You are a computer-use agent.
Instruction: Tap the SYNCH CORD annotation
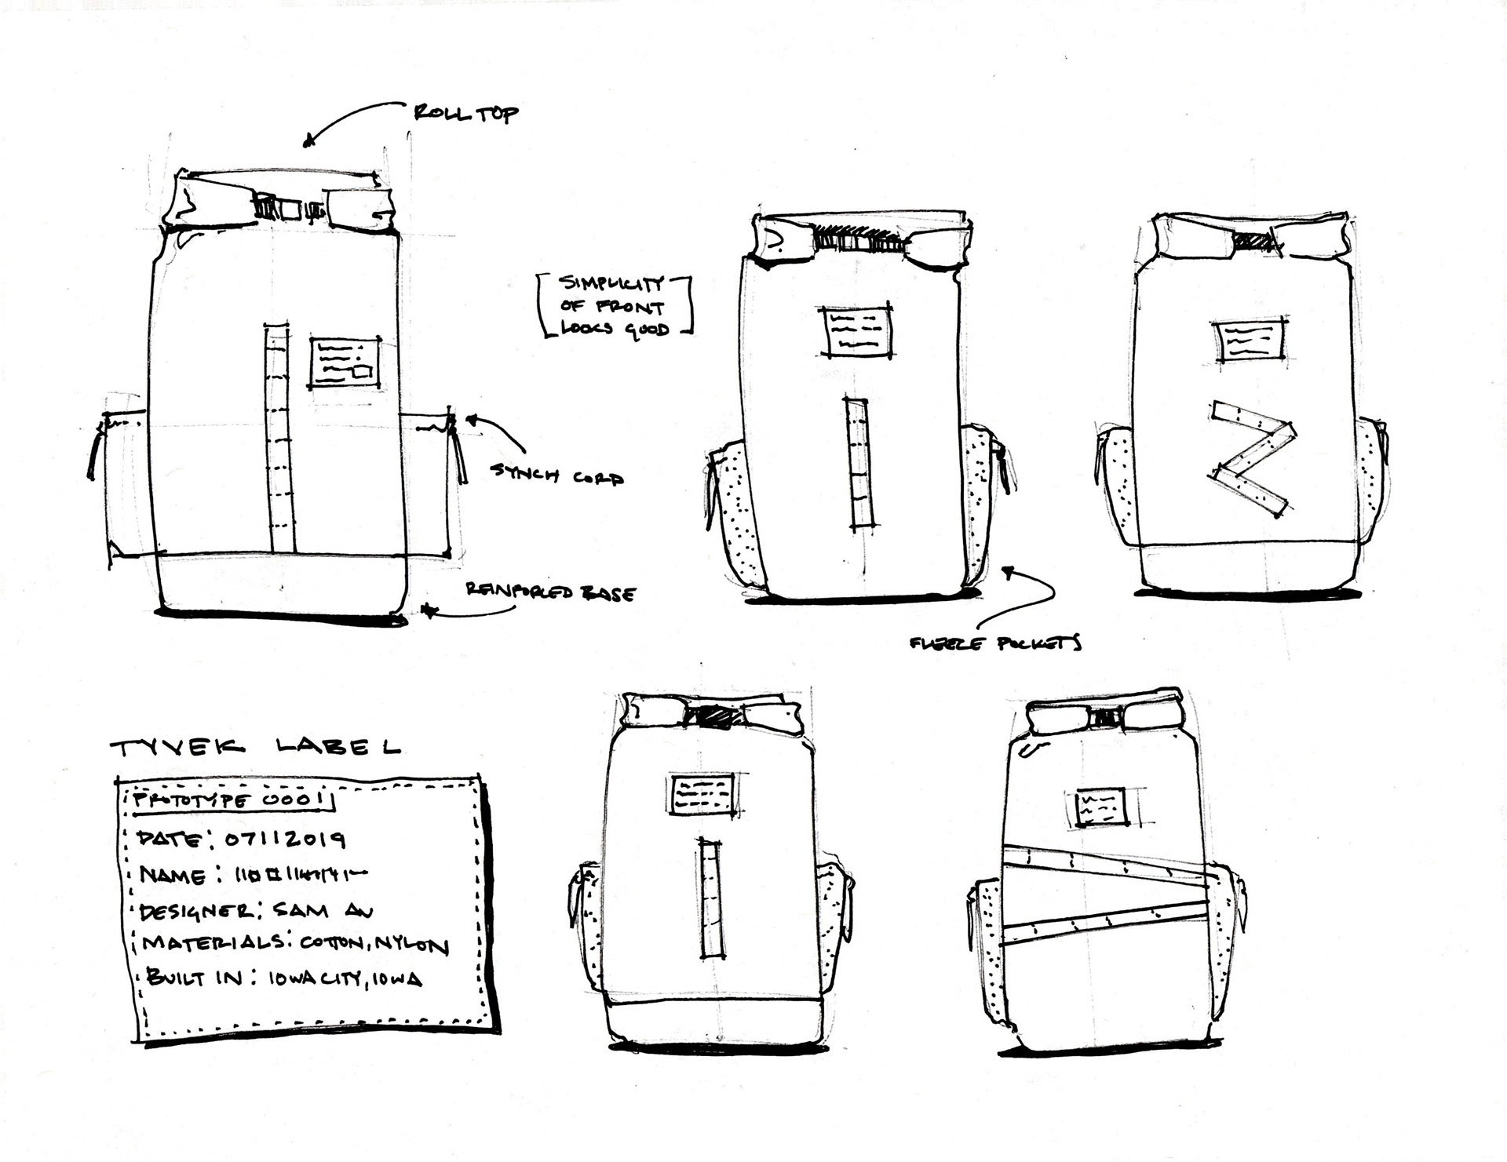pyautogui.click(x=556, y=474)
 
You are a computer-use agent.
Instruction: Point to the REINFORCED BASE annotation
pyautogui.click(x=549, y=592)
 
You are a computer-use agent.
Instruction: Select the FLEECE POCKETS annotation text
pyautogui.click(x=995, y=644)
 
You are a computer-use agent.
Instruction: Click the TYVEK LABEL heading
pyautogui.click(x=256, y=747)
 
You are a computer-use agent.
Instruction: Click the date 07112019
pyautogui.click(x=286, y=840)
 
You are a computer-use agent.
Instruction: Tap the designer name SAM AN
pyautogui.click(x=323, y=911)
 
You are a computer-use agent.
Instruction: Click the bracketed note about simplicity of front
pyautogui.click(x=612, y=306)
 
